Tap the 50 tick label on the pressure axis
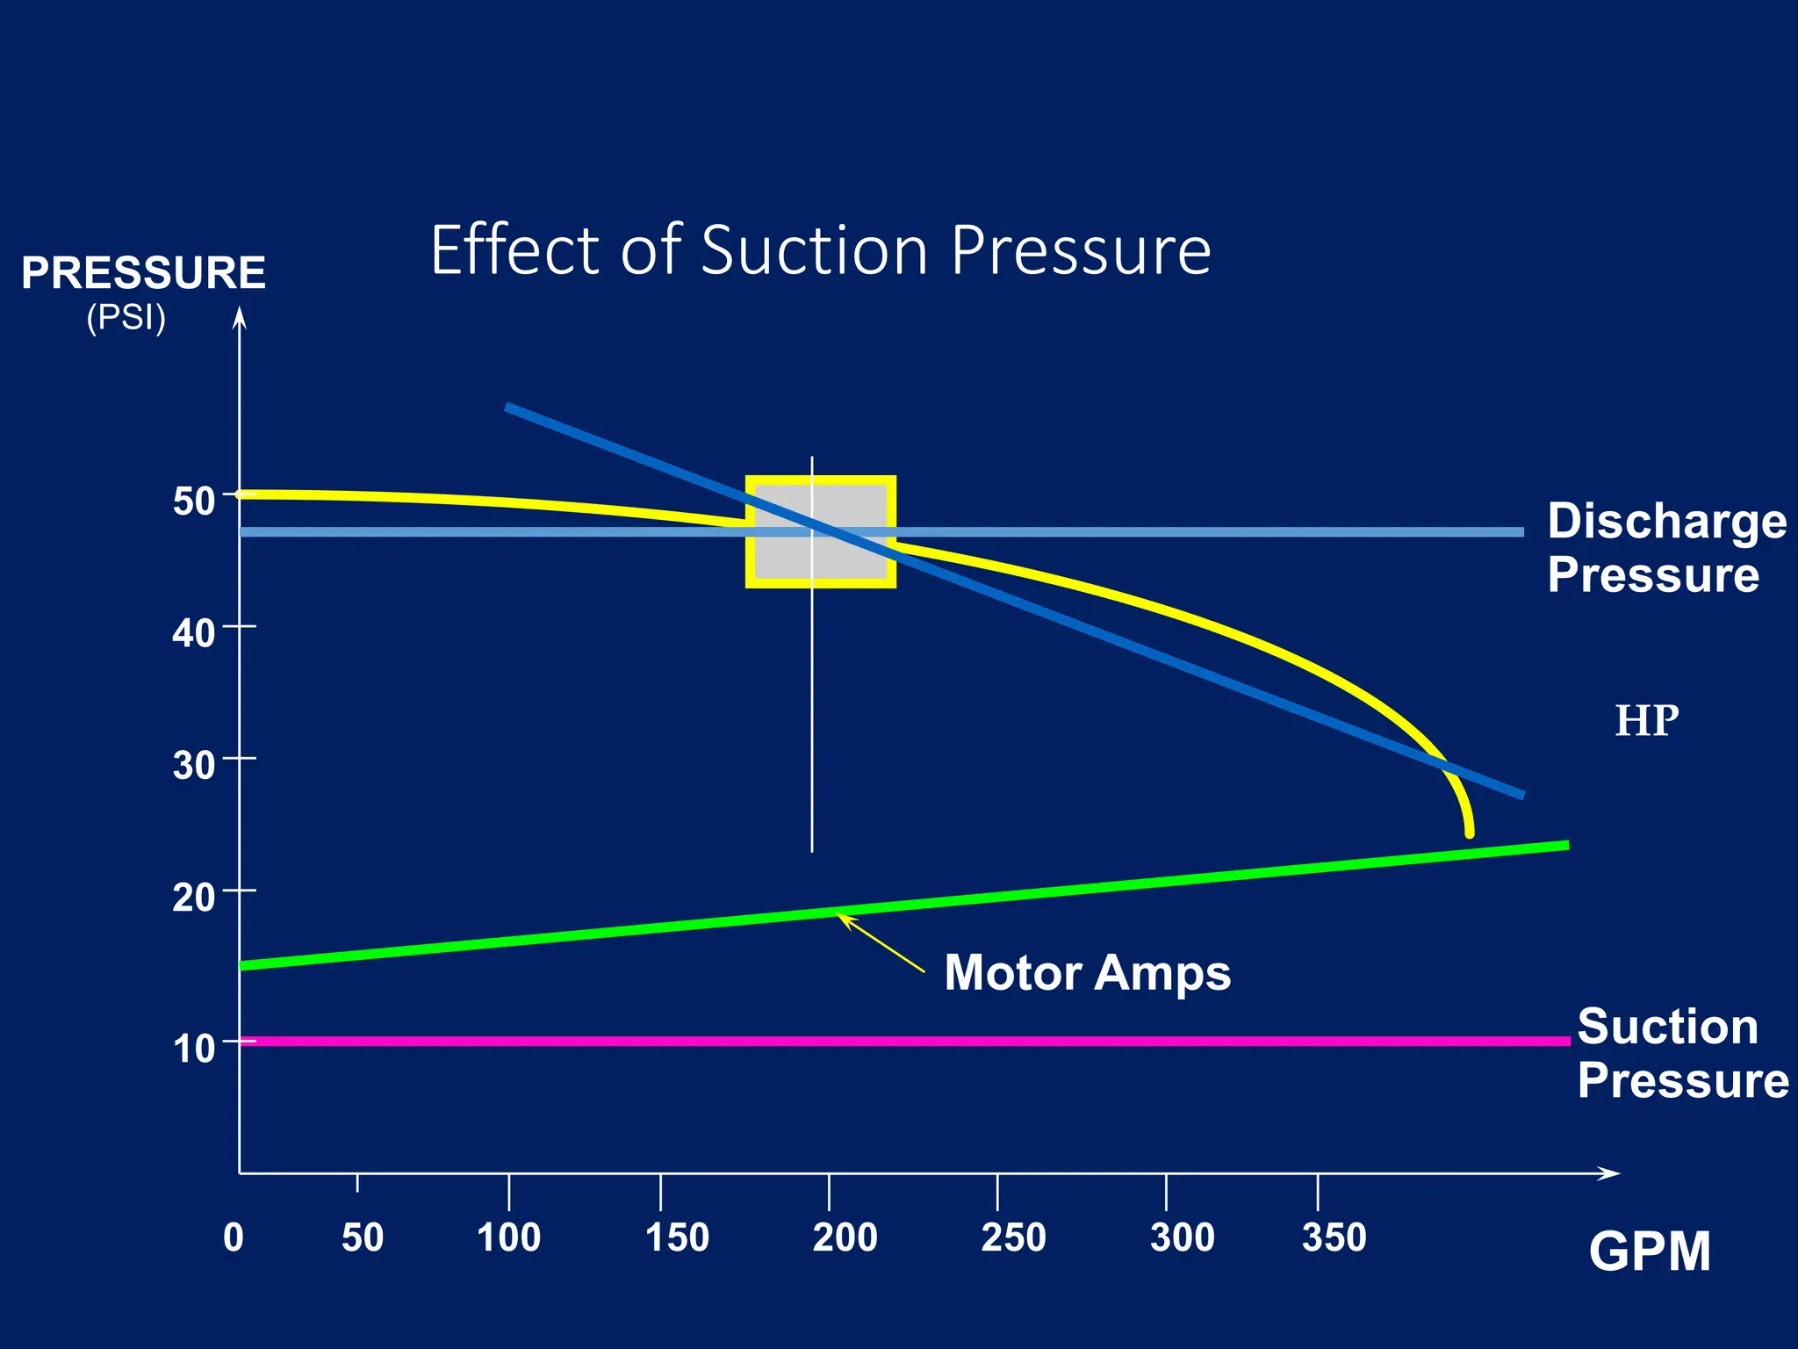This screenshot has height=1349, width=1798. pos(193,501)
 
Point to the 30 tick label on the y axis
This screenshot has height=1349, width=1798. pos(193,766)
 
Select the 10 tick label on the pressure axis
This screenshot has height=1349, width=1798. pos(193,1049)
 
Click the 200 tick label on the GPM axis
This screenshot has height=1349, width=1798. pos(845,1237)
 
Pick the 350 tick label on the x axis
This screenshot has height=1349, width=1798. pos(1334,1237)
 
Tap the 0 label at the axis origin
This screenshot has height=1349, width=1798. pos(234,1237)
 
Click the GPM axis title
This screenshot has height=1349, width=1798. pos(1649,1252)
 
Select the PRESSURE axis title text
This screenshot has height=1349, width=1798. pos(143,272)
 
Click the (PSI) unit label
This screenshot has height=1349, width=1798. pos(126,317)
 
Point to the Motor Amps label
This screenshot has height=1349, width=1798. pos(1087,973)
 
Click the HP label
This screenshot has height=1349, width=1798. pos(1646,721)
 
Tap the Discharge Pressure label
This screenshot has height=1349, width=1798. pos(1665,547)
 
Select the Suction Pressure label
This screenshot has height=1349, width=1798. pos(1681,1053)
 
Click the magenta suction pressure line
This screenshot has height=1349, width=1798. pos(966,1041)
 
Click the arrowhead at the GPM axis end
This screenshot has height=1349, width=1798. pos(1610,1173)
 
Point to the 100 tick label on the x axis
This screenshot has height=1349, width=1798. pos(508,1237)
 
